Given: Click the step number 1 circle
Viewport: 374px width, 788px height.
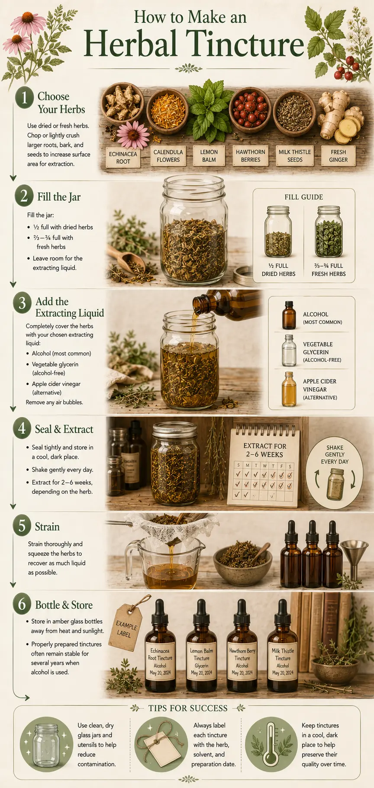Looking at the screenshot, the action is [x=25, y=97].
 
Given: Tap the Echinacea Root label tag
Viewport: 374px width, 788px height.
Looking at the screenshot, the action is [x=123, y=158].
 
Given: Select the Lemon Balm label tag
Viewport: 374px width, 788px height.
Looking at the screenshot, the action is [x=209, y=156].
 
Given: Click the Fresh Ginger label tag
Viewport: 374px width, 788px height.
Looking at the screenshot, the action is [x=338, y=156].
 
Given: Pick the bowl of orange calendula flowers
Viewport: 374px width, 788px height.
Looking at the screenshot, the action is [x=167, y=111].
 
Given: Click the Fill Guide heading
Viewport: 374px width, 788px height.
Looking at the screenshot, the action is [x=304, y=197].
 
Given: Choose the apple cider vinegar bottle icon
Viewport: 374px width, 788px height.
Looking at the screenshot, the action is [x=289, y=389].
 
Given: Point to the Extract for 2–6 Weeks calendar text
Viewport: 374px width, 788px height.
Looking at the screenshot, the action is [x=264, y=450].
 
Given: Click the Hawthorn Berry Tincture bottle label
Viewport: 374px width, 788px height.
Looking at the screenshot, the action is [x=242, y=661].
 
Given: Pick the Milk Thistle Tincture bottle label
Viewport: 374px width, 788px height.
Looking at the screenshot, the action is [x=283, y=661].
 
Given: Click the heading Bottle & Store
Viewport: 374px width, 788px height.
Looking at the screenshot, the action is [x=64, y=605].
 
